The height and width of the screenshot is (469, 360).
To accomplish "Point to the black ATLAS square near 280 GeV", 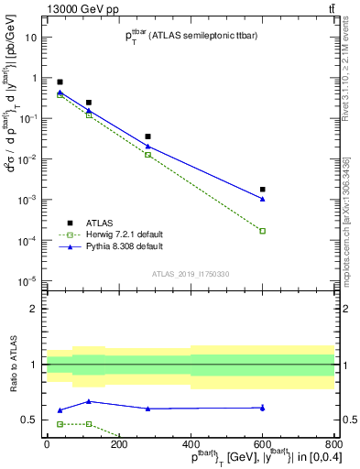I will (148, 136).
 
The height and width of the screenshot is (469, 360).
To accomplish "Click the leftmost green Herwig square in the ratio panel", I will (60, 424).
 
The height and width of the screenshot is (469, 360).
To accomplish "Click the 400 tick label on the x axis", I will (191, 445).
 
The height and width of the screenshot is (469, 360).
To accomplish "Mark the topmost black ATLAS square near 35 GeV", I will (60, 82).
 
